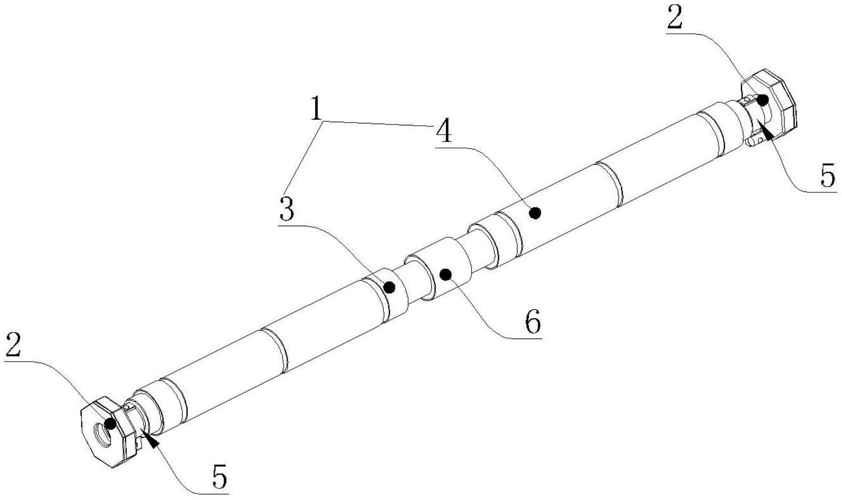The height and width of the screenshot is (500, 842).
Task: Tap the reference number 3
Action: [287, 210]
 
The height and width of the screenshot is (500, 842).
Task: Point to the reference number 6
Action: [532, 322]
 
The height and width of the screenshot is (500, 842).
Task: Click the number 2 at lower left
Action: [13, 345]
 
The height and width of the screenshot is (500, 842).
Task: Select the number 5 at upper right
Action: [828, 176]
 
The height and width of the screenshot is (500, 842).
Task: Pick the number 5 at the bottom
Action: [220, 477]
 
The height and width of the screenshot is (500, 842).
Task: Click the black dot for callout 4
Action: [536, 213]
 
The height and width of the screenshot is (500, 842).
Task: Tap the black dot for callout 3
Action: [389, 288]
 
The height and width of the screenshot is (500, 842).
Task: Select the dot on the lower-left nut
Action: [110, 423]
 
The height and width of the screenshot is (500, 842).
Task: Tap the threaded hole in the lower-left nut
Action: [103, 435]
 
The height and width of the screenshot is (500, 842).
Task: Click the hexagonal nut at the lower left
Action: [104, 432]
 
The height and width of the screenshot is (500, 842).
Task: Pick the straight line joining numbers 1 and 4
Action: [380, 123]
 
